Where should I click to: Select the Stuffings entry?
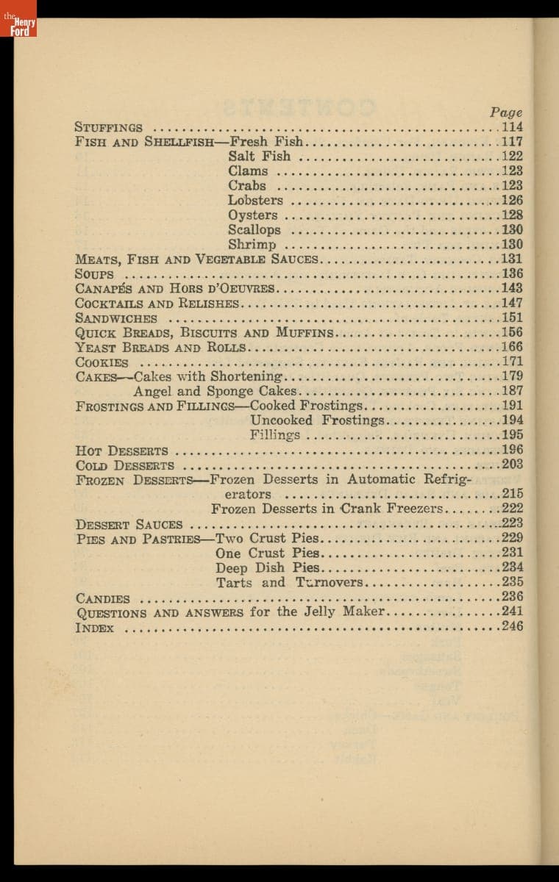(x=109, y=127)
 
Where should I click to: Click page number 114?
(x=512, y=127)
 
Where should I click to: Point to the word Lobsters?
(x=255, y=200)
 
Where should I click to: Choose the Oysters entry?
(x=253, y=215)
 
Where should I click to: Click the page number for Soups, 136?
(x=512, y=273)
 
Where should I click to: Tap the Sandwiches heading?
(x=116, y=318)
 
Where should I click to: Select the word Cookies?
(x=102, y=362)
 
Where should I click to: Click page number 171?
(x=512, y=362)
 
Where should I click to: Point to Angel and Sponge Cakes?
(x=215, y=391)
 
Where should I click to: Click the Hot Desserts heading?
(x=121, y=451)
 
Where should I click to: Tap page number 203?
(x=512, y=464)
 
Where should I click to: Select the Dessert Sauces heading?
(x=129, y=524)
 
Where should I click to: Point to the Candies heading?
(x=103, y=599)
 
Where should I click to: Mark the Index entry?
(x=95, y=628)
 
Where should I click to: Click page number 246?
(x=512, y=626)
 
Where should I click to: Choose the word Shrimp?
(x=252, y=245)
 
